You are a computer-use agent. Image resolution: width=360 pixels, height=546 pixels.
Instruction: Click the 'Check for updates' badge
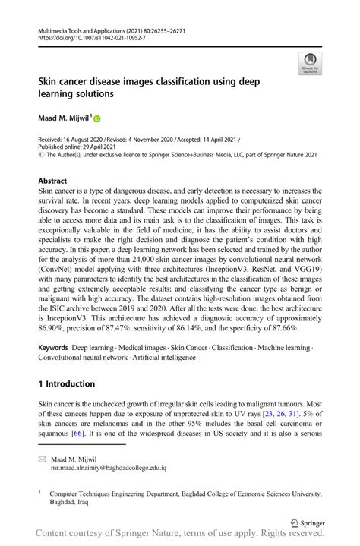(x=308, y=62)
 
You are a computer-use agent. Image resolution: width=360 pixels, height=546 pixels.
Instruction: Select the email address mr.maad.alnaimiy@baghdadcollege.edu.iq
(x=109, y=469)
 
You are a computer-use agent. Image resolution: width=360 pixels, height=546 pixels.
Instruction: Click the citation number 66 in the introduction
(x=78, y=433)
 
